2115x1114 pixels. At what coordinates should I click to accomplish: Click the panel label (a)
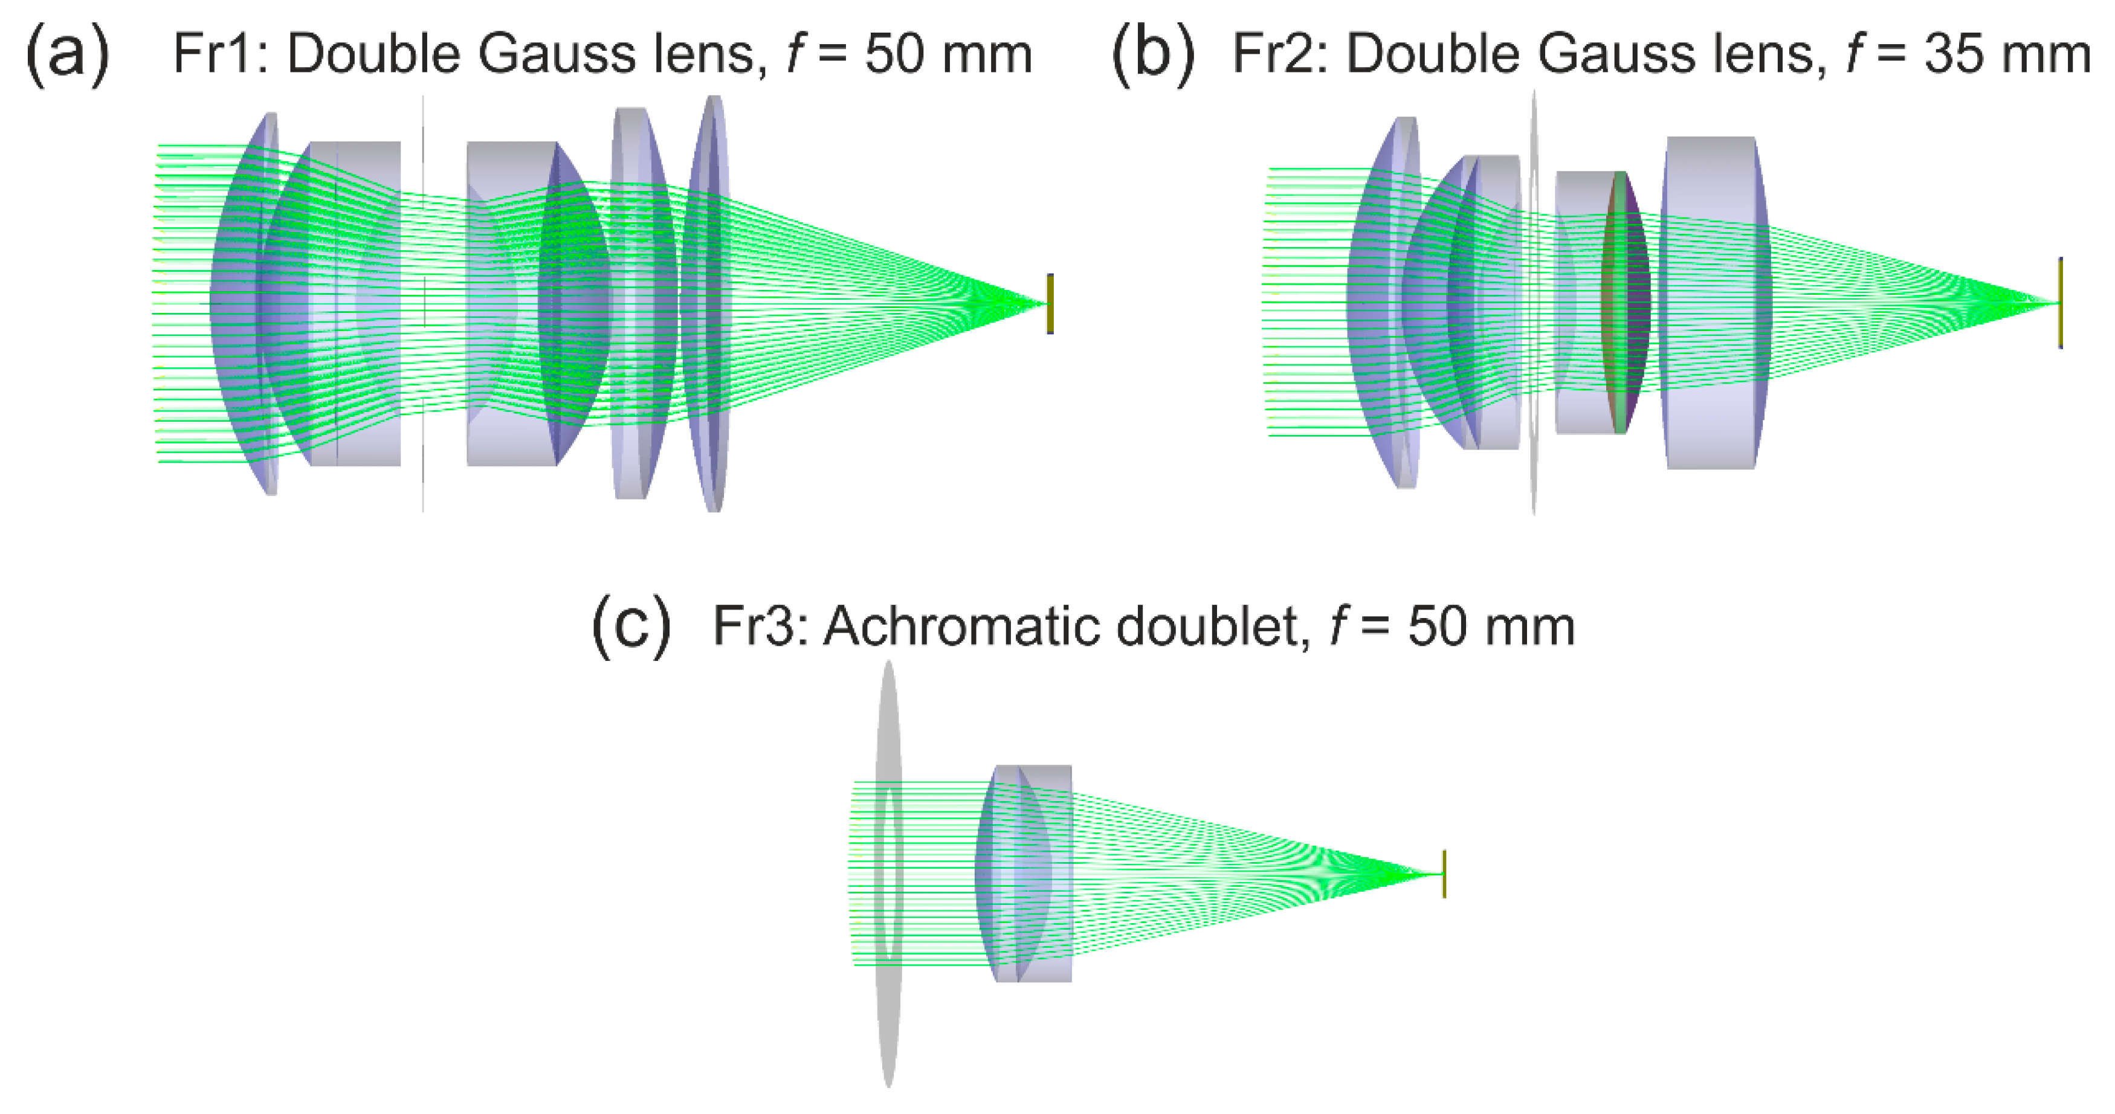pyautogui.click(x=66, y=55)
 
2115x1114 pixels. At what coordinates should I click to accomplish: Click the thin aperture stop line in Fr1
pyautogui.click(x=424, y=164)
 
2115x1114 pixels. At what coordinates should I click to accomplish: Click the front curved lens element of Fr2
pyautogui.click(x=1383, y=302)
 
